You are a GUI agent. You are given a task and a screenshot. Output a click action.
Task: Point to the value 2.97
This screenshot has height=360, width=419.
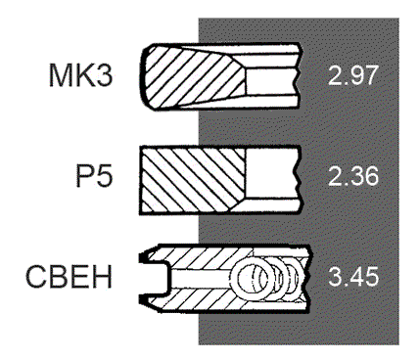pos(352,75)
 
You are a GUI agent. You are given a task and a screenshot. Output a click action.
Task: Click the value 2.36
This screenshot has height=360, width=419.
pos(352,178)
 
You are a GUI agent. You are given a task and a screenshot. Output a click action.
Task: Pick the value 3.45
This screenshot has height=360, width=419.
pos(352,281)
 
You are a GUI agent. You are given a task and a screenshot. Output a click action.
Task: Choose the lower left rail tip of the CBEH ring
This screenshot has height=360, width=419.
pos(146,299)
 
